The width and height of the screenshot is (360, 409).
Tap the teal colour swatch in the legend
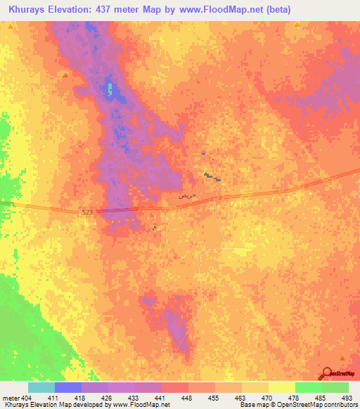[41, 387]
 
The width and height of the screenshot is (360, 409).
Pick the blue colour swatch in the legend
[67, 387]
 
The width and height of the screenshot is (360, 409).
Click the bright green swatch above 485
[308, 387]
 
